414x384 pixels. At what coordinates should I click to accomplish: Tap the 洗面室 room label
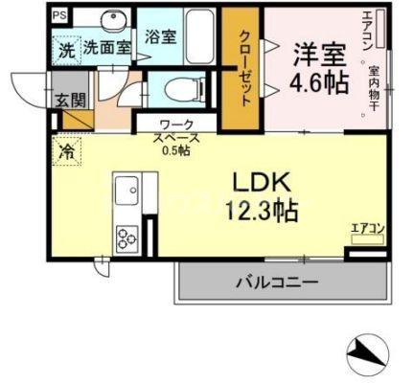tap(103, 45)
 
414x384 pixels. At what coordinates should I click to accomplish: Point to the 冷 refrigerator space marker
tap(67, 150)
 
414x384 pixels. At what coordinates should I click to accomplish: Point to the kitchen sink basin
tap(126, 194)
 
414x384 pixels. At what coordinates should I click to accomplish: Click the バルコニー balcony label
tap(277, 282)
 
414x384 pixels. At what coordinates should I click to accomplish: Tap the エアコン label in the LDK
tap(367, 227)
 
